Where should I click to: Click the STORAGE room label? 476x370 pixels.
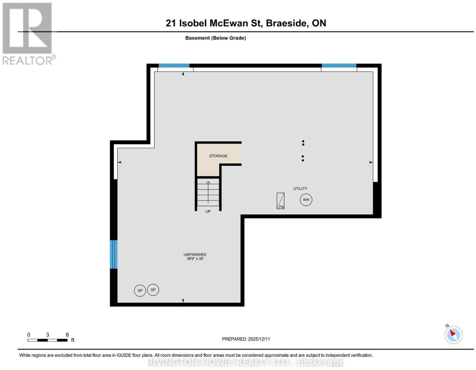click(218, 156)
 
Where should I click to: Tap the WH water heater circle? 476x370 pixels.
click(306, 200)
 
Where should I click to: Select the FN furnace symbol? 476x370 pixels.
click(280, 201)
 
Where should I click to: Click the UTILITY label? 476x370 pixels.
click(300, 189)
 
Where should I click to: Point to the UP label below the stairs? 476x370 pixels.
click(208, 211)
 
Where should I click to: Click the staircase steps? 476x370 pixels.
click(208, 192)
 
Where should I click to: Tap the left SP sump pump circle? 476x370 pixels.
click(140, 291)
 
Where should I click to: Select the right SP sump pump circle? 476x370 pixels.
click(153, 290)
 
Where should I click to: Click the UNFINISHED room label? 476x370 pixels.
click(195, 255)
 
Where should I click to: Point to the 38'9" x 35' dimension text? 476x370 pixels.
click(195, 259)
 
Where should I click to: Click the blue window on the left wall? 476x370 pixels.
click(114, 254)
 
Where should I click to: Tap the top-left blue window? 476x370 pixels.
click(174, 65)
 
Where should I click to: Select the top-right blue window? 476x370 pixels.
click(339, 65)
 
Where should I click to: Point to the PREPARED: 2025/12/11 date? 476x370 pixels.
click(246, 339)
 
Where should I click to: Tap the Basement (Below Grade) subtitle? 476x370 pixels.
click(216, 38)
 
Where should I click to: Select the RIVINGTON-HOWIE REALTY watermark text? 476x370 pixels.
click(245, 363)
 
